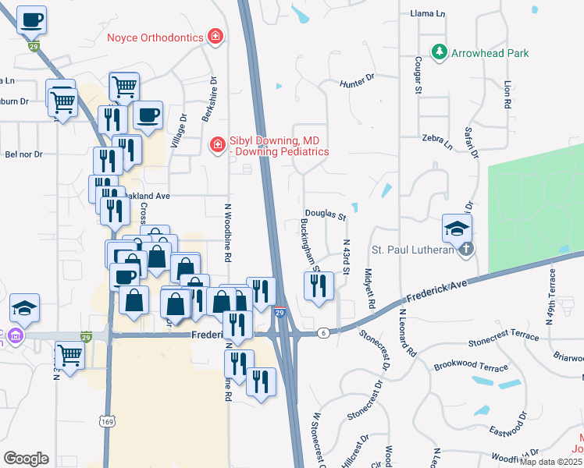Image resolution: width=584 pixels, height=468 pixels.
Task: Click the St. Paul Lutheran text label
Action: click(x=412, y=250)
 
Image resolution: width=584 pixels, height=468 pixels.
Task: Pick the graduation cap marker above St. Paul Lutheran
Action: click(x=457, y=227)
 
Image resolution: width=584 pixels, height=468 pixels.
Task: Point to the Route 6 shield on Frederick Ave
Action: click(x=322, y=332)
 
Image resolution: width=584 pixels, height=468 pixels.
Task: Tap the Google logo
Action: click(x=26, y=458)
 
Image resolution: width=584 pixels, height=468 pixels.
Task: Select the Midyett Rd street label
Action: click(x=370, y=288)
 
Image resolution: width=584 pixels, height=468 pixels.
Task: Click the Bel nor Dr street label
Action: click(x=23, y=154)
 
